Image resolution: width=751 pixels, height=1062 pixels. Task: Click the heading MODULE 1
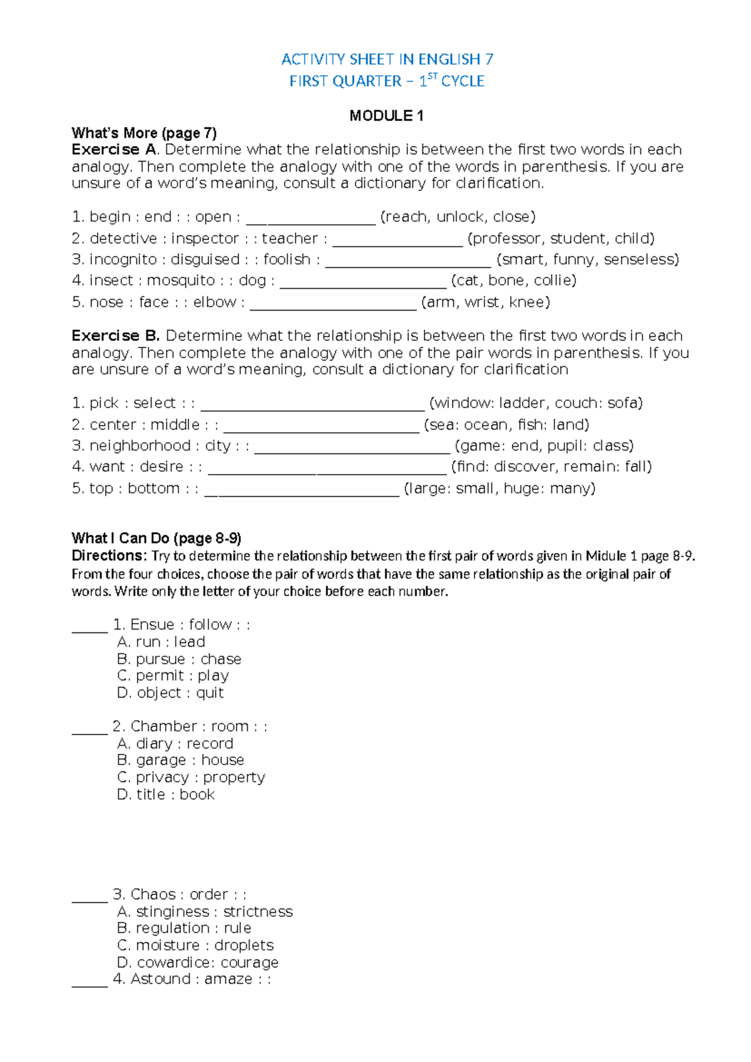tap(386, 116)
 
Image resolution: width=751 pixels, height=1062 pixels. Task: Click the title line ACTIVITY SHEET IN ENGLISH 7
tap(387, 59)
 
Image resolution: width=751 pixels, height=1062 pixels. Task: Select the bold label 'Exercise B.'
tap(116, 336)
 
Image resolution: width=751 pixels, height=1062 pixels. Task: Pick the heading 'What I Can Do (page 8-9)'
tap(156, 539)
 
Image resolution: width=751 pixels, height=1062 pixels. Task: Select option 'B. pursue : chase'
tap(179, 659)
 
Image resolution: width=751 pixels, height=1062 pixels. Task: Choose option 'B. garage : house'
tap(180, 760)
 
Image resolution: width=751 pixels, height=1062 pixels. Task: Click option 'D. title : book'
tap(166, 795)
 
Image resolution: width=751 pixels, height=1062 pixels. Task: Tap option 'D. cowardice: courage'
tap(198, 962)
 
